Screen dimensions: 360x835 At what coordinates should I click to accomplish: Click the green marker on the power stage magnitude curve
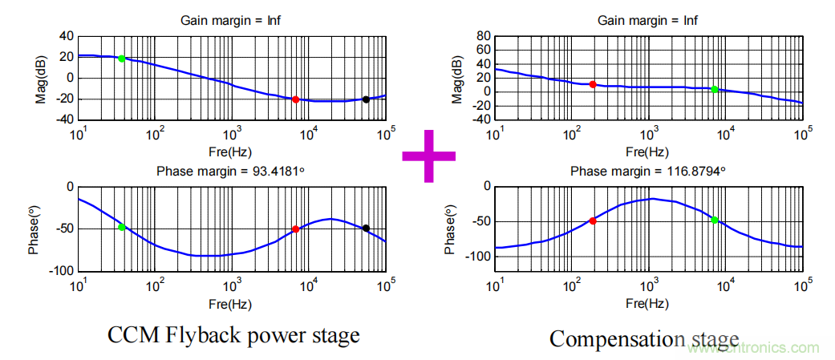point(122,59)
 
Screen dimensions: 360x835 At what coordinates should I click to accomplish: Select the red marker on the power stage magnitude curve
point(296,99)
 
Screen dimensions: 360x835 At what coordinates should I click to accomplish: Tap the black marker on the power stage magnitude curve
point(366,99)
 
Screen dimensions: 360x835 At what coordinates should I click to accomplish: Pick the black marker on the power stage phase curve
point(366,229)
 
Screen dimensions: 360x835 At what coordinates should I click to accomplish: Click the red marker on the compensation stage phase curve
point(593,220)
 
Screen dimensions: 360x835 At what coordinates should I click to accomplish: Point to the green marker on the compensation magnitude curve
point(715,89)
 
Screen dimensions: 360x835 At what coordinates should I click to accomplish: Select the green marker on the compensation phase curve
point(715,220)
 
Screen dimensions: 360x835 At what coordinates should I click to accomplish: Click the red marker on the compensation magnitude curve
point(593,84)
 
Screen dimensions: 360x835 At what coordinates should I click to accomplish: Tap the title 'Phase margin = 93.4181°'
point(232,171)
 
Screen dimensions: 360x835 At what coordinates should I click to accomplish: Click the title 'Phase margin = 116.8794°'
point(648,172)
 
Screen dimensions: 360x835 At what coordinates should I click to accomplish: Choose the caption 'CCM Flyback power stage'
point(233,336)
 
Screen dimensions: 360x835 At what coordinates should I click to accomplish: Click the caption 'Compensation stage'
point(644,338)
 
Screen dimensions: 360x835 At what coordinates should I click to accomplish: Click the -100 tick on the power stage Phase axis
point(61,271)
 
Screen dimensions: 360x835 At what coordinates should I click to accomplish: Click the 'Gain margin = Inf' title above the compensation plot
point(648,20)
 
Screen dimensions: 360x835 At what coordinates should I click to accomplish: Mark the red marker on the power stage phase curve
point(296,229)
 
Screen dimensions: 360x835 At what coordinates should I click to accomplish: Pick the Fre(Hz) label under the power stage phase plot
point(233,305)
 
